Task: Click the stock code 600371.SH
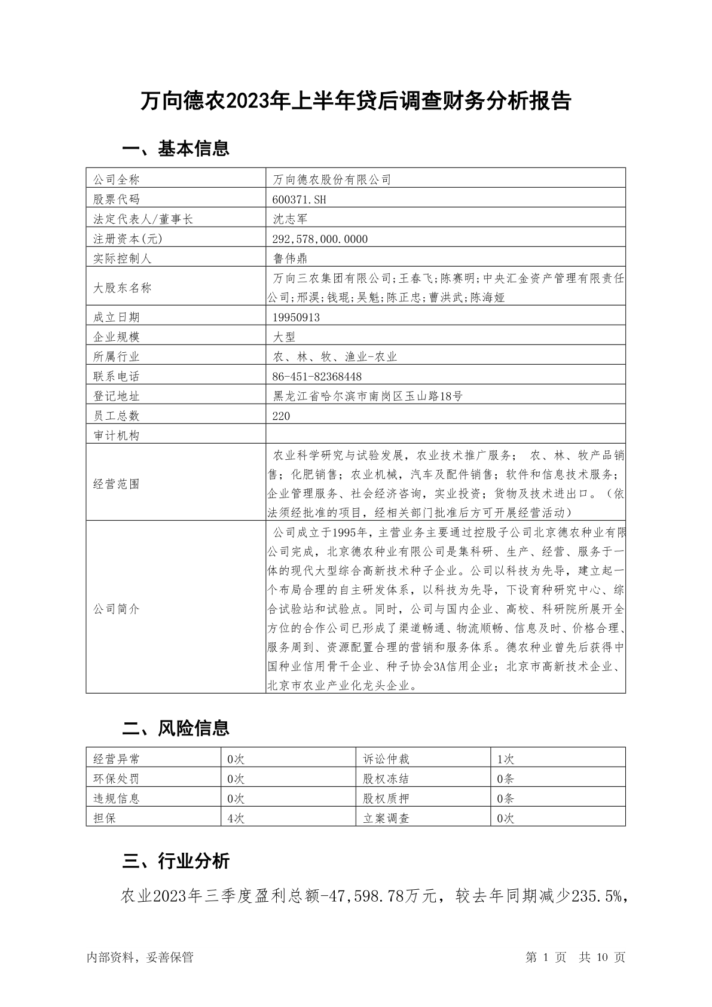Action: [300, 199]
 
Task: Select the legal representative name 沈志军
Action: [291, 219]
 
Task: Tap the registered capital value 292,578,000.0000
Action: [320, 239]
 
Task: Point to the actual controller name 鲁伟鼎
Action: [291, 258]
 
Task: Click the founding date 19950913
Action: [295, 318]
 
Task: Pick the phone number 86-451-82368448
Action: [317, 377]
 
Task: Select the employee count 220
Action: [281, 416]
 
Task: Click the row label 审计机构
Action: [117, 436]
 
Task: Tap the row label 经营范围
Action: [117, 484]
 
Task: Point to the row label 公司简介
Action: [117, 609]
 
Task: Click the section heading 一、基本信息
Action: [176, 148]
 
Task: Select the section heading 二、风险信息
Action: [176, 728]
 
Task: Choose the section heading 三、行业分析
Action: [176, 861]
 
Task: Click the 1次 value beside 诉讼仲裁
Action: [506, 759]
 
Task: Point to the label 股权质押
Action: [386, 799]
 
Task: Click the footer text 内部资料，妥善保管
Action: [140, 957]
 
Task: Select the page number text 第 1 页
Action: [546, 957]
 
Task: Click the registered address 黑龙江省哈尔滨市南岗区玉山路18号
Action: [368, 396]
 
